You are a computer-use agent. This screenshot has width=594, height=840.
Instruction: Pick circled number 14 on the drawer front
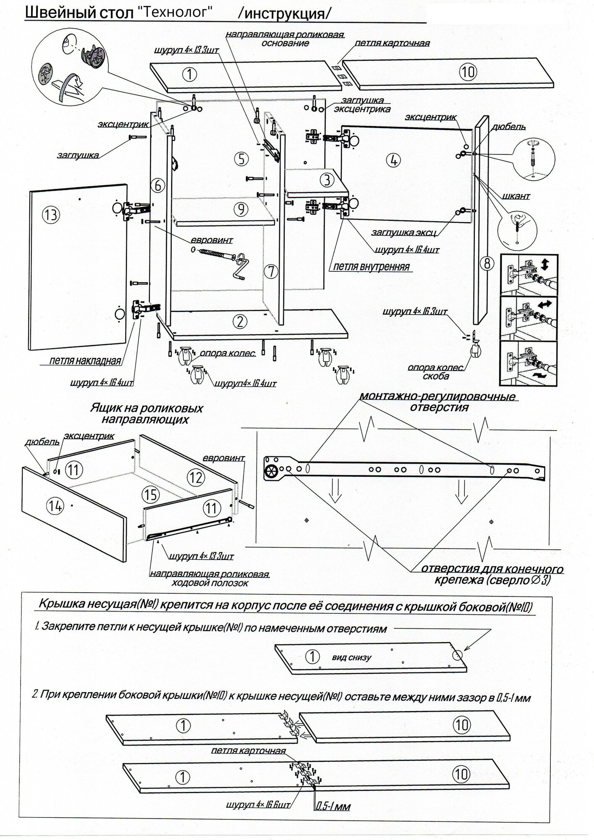click(55, 507)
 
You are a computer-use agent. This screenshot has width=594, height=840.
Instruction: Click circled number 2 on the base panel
click(239, 322)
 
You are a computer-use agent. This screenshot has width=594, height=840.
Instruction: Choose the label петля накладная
click(85, 360)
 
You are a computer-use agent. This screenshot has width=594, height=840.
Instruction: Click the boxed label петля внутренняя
click(371, 267)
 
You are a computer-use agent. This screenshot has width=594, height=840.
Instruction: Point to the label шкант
click(515, 196)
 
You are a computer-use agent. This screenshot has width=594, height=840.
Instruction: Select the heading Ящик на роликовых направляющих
click(147, 414)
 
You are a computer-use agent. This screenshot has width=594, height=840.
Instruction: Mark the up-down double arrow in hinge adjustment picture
click(544, 265)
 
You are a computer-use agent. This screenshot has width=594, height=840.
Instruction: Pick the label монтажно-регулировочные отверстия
click(437, 402)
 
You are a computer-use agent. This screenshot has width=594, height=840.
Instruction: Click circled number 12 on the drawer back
click(196, 477)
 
